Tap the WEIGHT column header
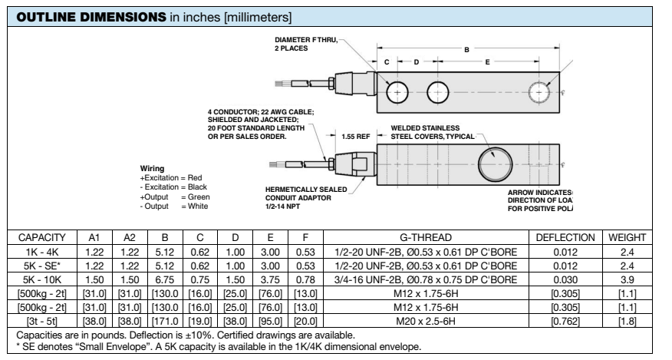(x=627, y=239)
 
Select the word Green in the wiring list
(x=199, y=197)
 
